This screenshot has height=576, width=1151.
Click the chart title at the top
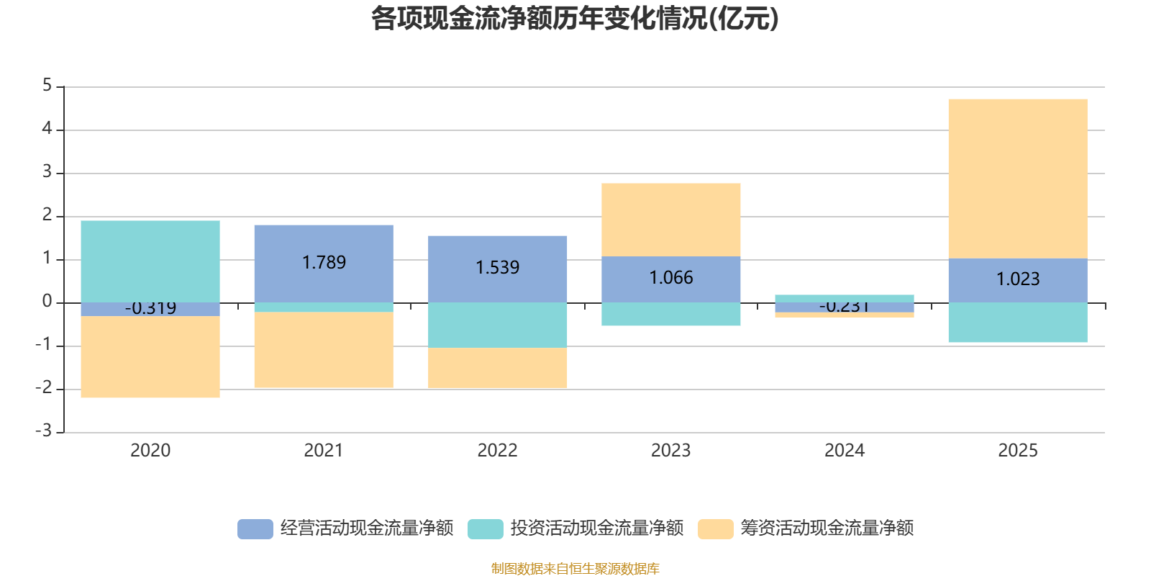pyautogui.click(x=574, y=19)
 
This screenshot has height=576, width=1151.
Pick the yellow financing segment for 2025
pyautogui.click(x=1017, y=178)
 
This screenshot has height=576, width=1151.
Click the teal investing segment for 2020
pyautogui.click(x=150, y=261)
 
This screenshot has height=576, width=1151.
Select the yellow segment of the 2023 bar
pyautogui.click(x=670, y=219)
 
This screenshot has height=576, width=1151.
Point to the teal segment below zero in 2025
pyautogui.click(x=1017, y=323)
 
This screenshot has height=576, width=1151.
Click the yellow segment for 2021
pyautogui.click(x=324, y=350)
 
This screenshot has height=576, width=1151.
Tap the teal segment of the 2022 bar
pyautogui.click(x=497, y=325)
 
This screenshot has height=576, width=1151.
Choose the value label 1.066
pyautogui.click(x=670, y=278)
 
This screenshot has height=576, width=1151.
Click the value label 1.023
pyautogui.click(x=1017, y=279)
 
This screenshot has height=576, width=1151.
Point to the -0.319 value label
pyautogui.click(x=150, y=309)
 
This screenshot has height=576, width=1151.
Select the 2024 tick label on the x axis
pyautogui.click(x=844, y=451)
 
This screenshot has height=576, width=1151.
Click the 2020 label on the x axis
pyautogui.click(x=150, y=451)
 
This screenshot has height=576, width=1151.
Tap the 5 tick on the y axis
pyautogui.click(x=47, y=86)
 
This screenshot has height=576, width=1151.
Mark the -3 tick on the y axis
pyautogui.click(x=44, y=431)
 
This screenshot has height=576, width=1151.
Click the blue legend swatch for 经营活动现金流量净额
pyautogui.click(x=255, y=528)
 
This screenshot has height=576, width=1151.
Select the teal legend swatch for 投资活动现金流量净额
pyautogui.click(x=485, y=528)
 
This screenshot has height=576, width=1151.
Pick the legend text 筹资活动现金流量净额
pyautogui.click(x=827, y=528)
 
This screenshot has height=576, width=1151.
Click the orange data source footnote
pyautogui.click(x=575, y=569)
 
